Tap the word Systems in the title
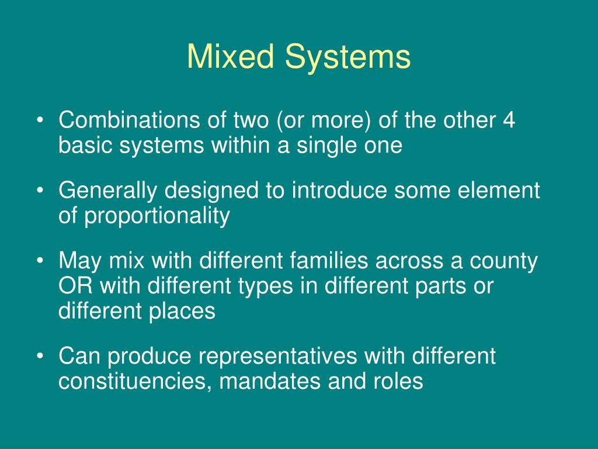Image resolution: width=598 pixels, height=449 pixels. click(348, 57)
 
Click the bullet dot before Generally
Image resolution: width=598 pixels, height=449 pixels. click(40, 191)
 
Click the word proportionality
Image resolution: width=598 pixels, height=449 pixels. click(158, 216)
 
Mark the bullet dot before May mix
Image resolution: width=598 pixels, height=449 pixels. click(40, 261)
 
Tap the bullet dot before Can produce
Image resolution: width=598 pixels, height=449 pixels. click(40, 356)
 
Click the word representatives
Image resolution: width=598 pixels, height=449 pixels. click(260, 356)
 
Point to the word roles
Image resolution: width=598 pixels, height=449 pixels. click(397, 381)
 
